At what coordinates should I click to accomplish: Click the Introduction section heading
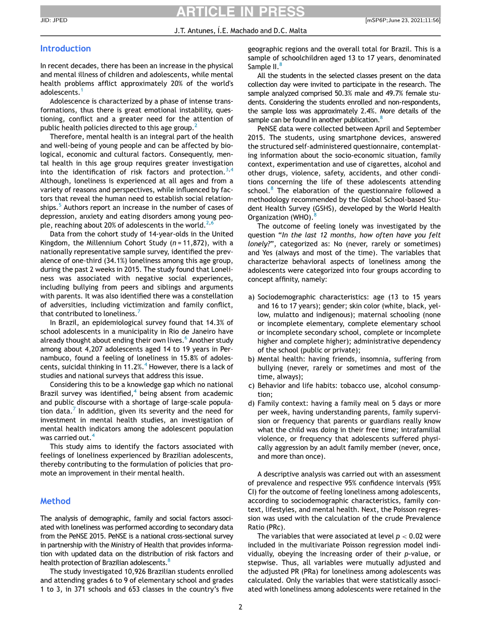(x=65, y=49)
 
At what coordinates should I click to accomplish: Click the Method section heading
(x=55, y=501)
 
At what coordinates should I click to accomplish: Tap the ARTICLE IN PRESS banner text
(x=240, y=12)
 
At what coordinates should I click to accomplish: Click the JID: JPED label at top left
(x=53, y=20)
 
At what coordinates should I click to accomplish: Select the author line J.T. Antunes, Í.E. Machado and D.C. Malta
(x=240, y=31)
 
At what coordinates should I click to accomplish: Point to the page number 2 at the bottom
(x=240, y=607)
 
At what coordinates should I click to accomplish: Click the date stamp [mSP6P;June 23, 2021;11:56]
(x=403, y=20)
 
